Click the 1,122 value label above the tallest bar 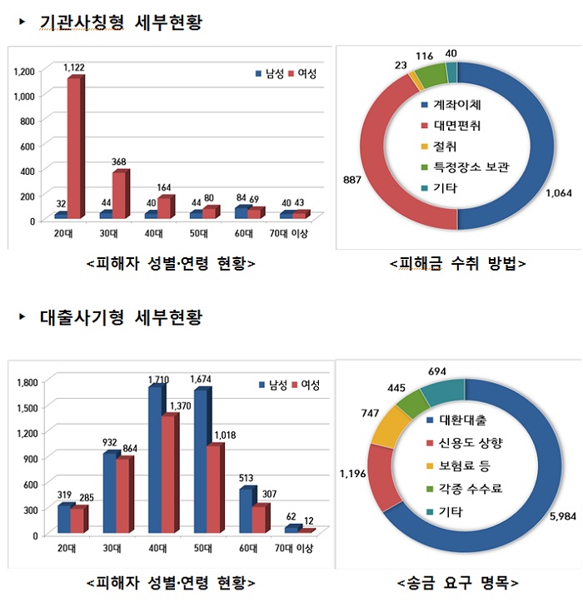[x=76, y=66]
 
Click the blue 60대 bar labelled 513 [x=246, y=510]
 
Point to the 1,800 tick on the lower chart [x=27, y=381]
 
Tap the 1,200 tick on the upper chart [x=25, y=72]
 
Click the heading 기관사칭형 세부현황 [x=121, y=23]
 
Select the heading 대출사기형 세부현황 [x=121, y=317]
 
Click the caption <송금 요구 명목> [x=458, y=581]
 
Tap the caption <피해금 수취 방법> [x=458, y=264]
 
